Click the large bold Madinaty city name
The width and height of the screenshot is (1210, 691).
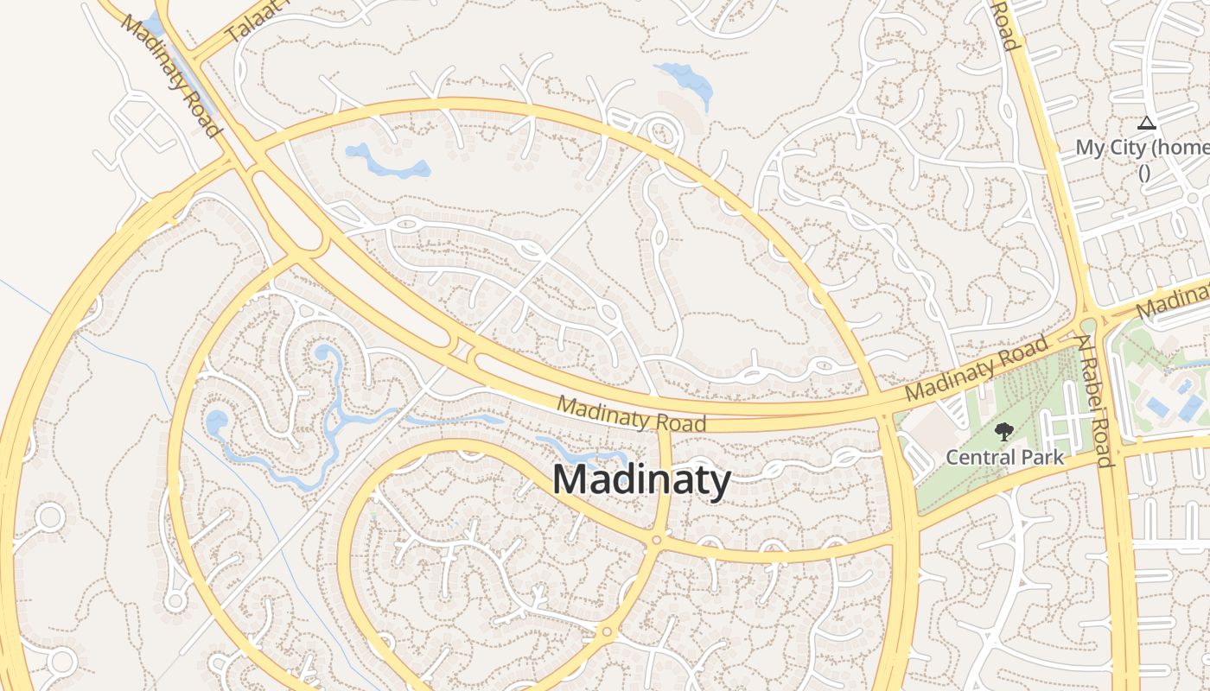click(x=641, y=480)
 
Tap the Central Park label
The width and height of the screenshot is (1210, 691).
click(x=1004, y=456)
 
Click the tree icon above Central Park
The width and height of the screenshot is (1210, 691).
click(x=1003, y=431)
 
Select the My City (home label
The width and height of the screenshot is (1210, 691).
click(x=1141, y=148)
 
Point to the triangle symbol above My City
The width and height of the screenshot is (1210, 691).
click(x=1147, y=124)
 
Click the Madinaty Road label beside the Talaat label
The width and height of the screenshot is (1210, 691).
click(x=170, y=74)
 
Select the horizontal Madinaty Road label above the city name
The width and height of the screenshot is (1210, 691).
click(x=631, y=414)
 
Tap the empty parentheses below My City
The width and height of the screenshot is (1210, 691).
click(x=1143, y=171)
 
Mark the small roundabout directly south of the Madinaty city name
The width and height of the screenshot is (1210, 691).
click(x=657, y=540)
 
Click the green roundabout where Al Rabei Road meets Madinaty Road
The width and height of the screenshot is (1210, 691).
click(x=1087, y=325)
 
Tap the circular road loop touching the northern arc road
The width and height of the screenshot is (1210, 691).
click(x=662, y=134)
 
